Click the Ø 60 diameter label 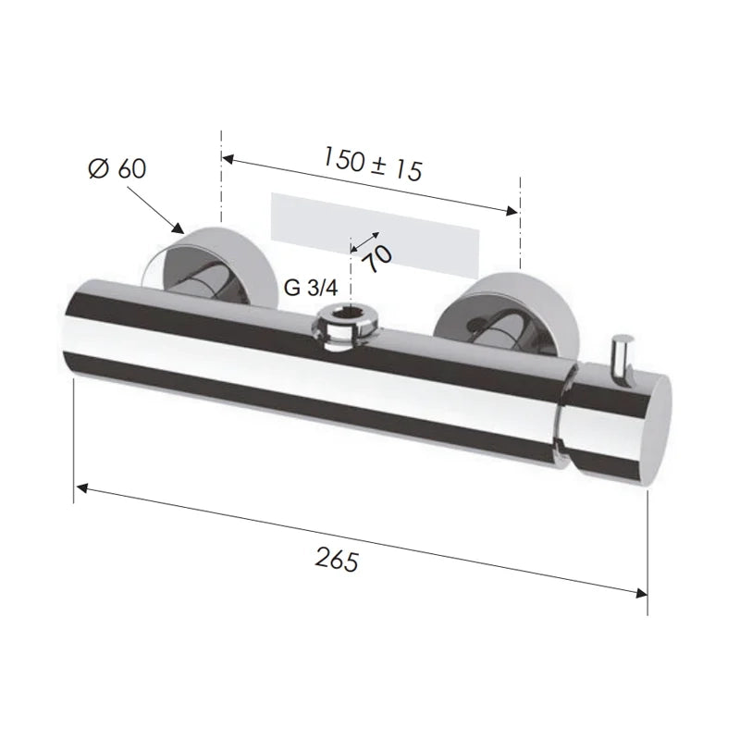coord(117,168)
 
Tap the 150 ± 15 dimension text coord(373,164)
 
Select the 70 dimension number coord(378,258)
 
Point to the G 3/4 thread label coord(311,288)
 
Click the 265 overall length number coord(337,560)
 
